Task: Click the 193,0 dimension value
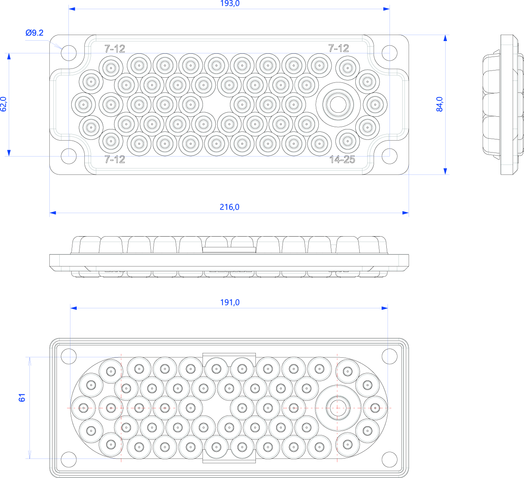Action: coord(230,4)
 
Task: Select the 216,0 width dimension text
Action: coord(230,207)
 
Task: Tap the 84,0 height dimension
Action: coord(440,104)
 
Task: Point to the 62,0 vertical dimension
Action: coord(4,104)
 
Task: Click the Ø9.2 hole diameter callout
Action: coord(35,33)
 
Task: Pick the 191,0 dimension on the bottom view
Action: coord(230,302)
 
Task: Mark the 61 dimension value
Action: coord(22,398)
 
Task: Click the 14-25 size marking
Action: coord(342,159)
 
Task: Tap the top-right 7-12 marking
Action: coord(339,48)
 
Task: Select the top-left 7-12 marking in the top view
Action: coord(115,49)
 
